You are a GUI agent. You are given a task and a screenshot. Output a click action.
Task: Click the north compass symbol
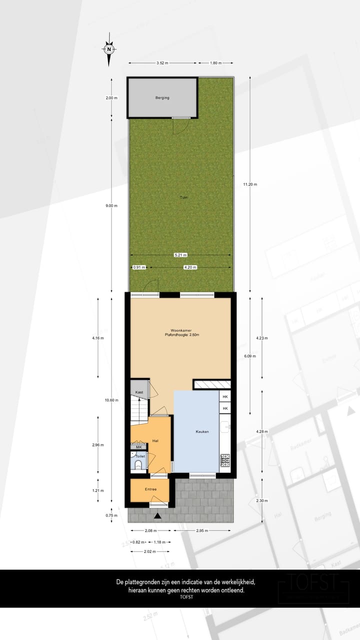[109, 49]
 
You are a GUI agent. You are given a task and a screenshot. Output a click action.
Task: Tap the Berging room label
[162, 97]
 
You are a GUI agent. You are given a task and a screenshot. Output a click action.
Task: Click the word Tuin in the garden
[184, 197]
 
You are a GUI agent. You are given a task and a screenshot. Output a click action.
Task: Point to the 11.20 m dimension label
[250, 184]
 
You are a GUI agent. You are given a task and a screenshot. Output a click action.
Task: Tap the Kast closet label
[139, 392]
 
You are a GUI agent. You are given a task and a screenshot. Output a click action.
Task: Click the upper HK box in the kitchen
[225, 396]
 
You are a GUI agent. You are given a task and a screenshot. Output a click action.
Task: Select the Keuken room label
[202, 431]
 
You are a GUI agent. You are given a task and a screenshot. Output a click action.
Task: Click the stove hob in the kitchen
[225, 459]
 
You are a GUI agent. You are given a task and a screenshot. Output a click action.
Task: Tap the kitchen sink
[225, 427]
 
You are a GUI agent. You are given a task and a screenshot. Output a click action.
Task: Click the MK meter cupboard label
[138, 447]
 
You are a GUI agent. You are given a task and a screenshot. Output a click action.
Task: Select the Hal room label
[155, 440]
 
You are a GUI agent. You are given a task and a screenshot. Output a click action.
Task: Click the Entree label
[150, 489]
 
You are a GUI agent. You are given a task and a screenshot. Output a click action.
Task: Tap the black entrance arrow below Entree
[157, 515]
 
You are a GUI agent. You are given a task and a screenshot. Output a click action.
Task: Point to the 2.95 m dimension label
[202, 530]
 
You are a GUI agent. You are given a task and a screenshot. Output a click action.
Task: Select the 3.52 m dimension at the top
[162, 63]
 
